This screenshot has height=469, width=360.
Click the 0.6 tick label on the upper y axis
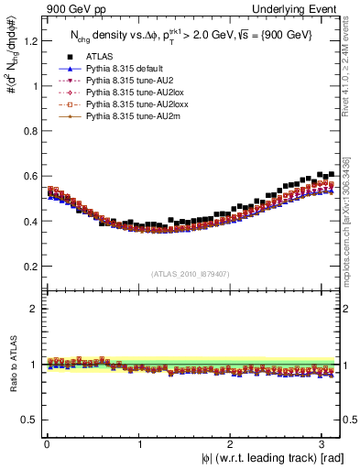(x=28, y=176)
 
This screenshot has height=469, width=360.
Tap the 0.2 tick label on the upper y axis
(x=28, y=267)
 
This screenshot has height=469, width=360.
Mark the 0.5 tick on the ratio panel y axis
(x=28, y=420)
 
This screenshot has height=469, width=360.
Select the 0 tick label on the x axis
(x=47, y=444)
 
